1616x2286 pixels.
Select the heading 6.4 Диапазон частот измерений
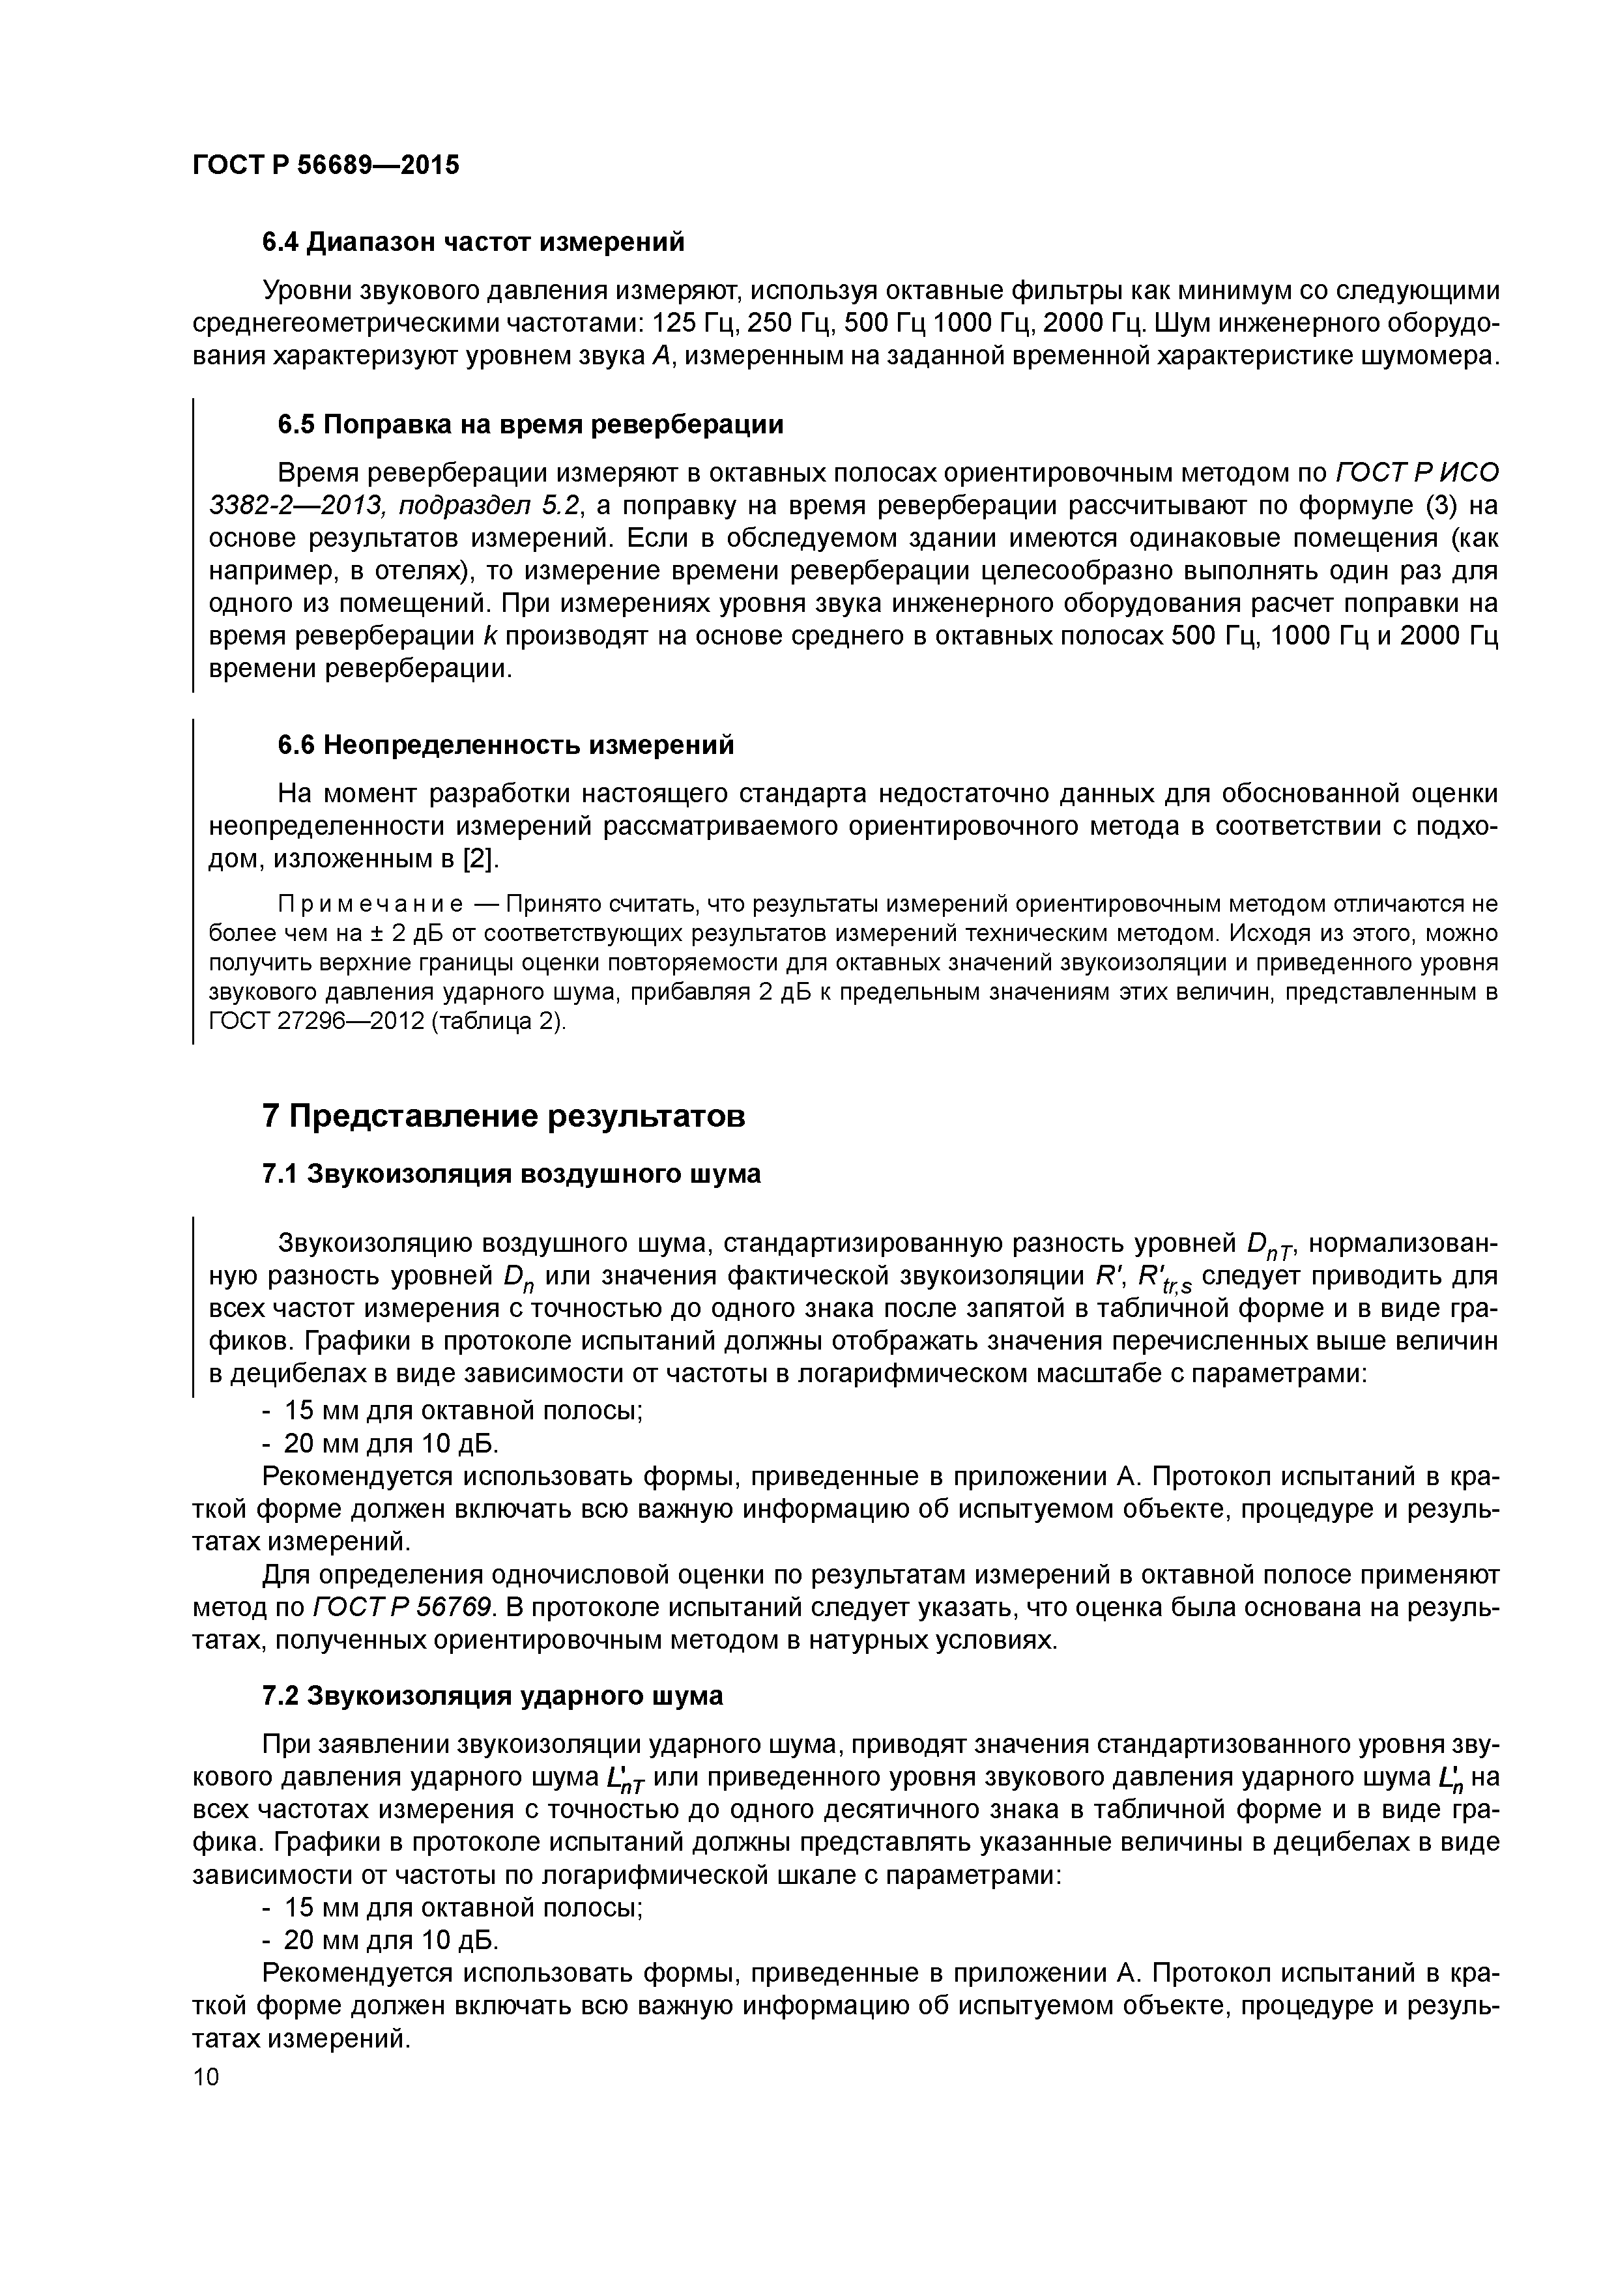(473, 242)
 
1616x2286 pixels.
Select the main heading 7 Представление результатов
(503, 1116)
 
